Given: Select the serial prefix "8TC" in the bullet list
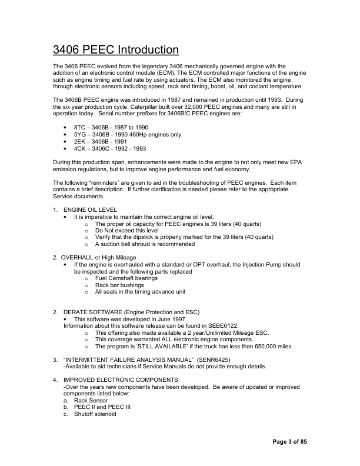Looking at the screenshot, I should click(x=80, y=127).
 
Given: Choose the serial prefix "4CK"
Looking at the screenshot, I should click(x=80, y=148).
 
